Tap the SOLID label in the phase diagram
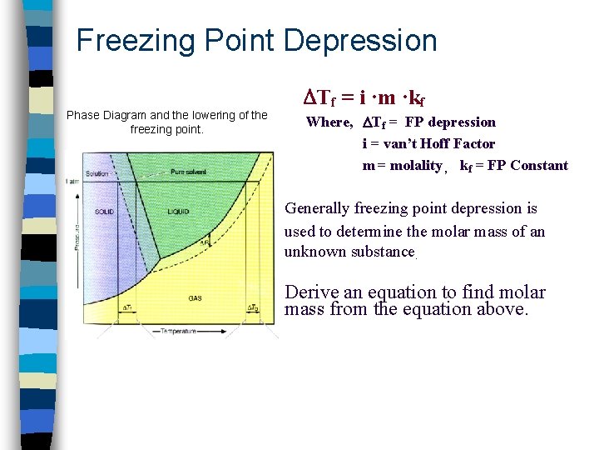point(105,212)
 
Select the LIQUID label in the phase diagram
point(179,212)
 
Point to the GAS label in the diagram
point(196,297)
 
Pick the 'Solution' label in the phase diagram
point(97,172)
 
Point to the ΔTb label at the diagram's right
point(253,308)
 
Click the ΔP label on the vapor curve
point(205,242)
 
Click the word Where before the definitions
point(329,122)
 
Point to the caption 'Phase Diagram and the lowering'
point(166,115)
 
